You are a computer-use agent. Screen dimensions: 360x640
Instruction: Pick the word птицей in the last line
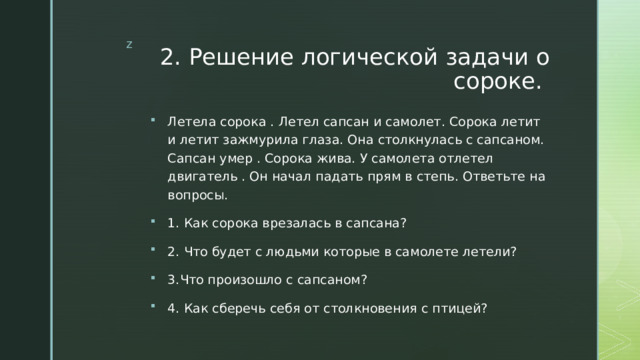coord(463,307)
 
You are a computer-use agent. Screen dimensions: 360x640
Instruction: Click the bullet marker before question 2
coord(148,251)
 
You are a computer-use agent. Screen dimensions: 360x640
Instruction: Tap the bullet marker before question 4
coord(148,307)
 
